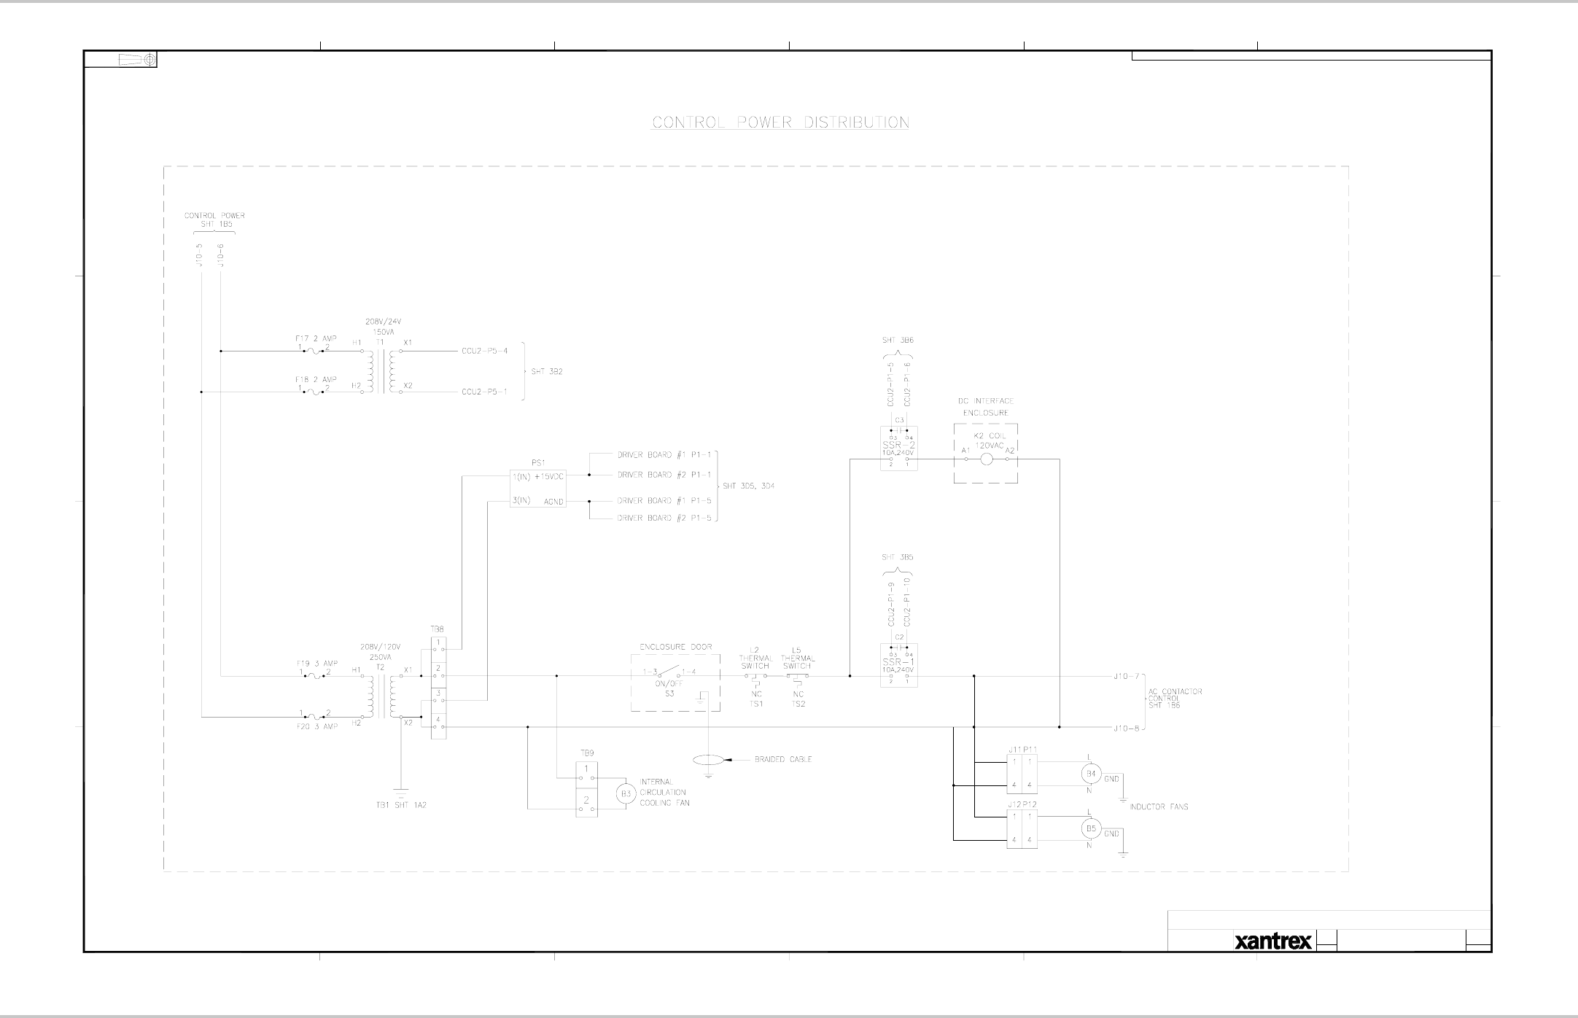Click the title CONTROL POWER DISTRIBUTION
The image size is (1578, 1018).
point(780,123)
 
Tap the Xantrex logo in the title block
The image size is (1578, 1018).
point(1273,942)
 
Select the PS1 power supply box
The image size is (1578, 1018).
point(538,488)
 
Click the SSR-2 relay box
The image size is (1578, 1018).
point(898,448)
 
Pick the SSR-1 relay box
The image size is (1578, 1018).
point(898,665)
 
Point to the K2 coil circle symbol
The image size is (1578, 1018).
point(987,459)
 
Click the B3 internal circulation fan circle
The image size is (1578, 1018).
point(625,793)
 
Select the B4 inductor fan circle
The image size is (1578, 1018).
point(1091,774)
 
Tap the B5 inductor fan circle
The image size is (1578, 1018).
point(1091,828)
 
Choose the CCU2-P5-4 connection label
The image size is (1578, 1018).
point(484,351)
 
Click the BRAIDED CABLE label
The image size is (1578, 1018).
point(782,759)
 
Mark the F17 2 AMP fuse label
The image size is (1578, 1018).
point(316,338)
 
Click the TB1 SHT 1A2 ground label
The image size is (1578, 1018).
point(396,805)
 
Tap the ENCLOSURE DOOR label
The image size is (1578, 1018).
point(675,647)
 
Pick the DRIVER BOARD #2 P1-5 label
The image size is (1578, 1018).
point(664,518)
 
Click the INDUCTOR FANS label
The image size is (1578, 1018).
point(1159,807)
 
